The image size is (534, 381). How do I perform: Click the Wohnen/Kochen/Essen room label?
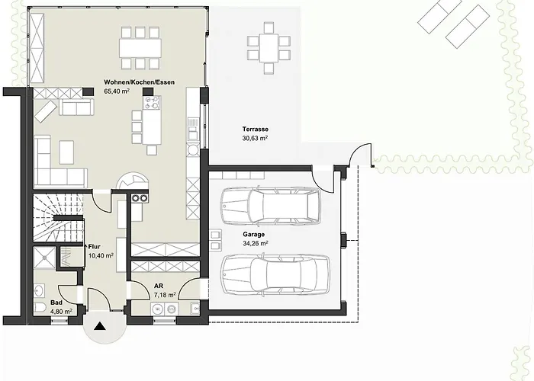(140, 82)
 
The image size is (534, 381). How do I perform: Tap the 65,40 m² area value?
(117, 91)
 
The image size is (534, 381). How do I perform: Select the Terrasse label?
(256, 130)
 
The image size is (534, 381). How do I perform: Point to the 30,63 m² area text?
(255, 138)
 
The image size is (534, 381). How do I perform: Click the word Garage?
(254, 235)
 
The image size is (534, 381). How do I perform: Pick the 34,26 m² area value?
(256, 243)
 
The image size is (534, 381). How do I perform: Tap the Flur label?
(95, 247)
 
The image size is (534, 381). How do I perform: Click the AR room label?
(159, 286)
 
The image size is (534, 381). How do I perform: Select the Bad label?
(56, 303)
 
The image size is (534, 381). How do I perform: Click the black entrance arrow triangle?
(100, 326)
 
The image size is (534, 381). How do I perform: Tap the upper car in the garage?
(271, 206)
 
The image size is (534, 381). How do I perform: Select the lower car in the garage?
(275, 274)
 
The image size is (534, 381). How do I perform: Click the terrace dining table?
(269, 48)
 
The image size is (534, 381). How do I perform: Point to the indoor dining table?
(140, 47)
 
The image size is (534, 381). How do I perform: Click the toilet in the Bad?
(40, 307)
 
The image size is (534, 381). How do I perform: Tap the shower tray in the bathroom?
(44, 258)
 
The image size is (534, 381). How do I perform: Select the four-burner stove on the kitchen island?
(153, 102)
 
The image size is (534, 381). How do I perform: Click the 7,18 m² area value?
(165, 295)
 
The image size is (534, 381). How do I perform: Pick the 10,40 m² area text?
(101, 256)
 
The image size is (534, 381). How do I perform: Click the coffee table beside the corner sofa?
(67, 152)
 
